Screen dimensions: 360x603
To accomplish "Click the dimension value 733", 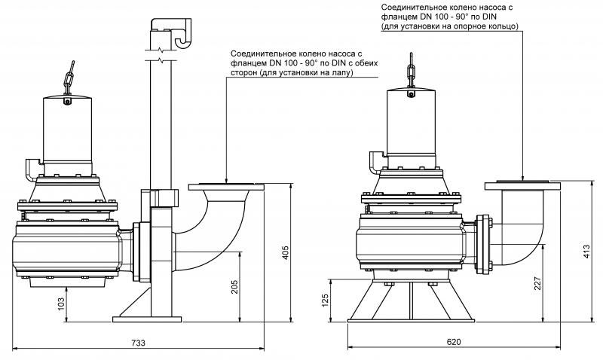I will point(138,343).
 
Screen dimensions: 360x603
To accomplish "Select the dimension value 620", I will point(453,343).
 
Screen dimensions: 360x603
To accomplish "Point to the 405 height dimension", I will point(284,253).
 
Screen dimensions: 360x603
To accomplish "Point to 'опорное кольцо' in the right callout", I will point(488,26).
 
